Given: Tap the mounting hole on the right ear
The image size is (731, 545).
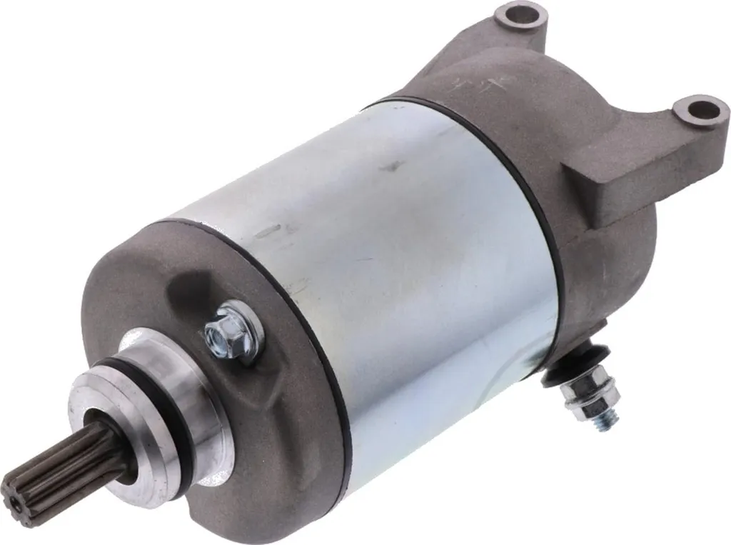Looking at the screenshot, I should point(699,110).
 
